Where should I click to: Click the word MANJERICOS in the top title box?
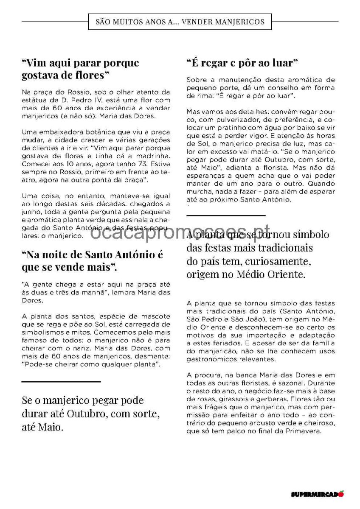pos(241,22)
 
